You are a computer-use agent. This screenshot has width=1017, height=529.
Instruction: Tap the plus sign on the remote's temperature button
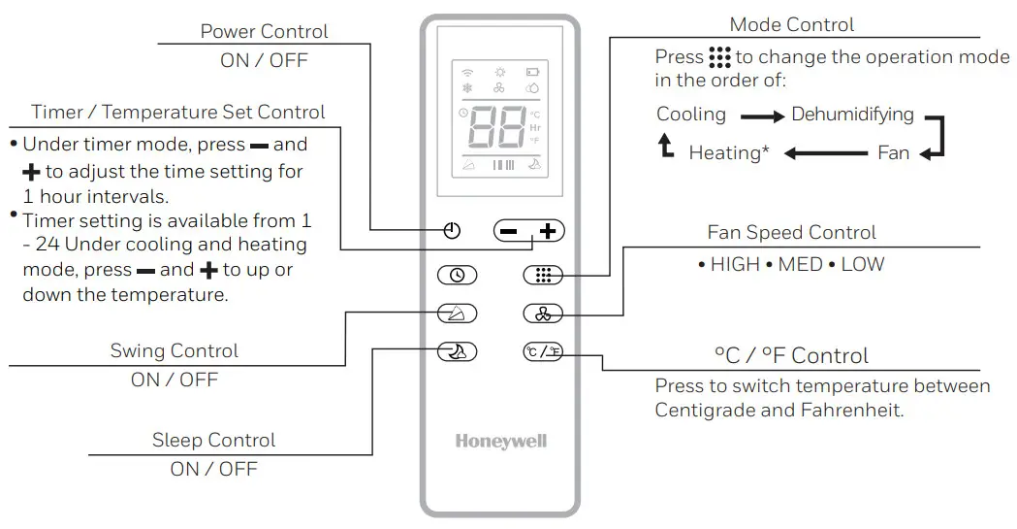click(549, 231)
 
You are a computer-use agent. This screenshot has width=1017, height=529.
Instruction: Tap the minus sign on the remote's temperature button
click(509, 231)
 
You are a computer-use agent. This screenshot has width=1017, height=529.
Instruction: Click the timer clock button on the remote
click(457, 276)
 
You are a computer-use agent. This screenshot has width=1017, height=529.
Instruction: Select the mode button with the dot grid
click(543, 276)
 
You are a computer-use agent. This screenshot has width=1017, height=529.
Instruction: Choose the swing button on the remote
click(457, 314)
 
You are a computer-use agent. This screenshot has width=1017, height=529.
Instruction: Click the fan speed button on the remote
click(543, 314)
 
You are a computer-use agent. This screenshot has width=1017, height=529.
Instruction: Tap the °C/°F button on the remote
click(543, 351)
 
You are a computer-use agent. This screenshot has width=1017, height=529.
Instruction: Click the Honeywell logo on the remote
click(500, 442)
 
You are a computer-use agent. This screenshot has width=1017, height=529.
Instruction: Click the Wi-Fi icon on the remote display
click(467, 72)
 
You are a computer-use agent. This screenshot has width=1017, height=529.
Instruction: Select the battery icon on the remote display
click(532, 72)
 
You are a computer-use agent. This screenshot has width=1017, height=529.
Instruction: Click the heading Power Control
click(264, 31)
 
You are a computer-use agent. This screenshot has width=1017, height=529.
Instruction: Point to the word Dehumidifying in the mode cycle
click(852, 115)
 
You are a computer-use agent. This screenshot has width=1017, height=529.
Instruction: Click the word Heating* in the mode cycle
click(729, 152)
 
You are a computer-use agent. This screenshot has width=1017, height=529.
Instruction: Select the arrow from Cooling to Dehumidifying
click(761, 116)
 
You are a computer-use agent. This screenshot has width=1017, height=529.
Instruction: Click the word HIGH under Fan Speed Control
click(735, 264)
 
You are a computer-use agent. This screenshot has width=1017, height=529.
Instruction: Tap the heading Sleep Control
click(213, 440)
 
